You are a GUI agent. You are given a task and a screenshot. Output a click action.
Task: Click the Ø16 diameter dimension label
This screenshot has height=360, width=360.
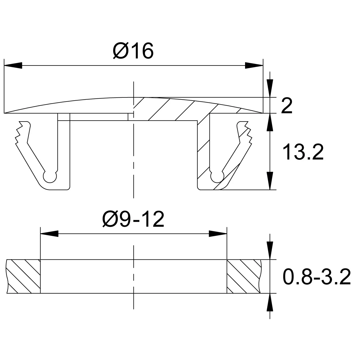(x=133, y=50)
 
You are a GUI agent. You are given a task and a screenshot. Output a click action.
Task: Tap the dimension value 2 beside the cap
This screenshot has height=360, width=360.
(x=287, y=106)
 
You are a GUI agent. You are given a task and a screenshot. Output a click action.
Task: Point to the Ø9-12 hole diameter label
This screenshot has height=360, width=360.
(x=133, y=219)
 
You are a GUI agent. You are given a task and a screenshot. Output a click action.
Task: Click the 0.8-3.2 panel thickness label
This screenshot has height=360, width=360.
(x=317, y=277)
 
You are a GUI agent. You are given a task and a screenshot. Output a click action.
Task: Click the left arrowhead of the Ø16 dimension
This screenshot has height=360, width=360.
(x=13, y=65)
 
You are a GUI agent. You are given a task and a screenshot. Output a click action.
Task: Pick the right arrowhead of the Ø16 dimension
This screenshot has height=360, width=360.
(x=254, y=65)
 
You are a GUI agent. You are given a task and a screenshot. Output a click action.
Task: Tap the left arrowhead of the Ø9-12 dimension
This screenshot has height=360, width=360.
(x=49, y=234)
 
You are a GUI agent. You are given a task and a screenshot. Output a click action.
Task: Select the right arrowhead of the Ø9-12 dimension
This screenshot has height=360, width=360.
(x=218, y=234)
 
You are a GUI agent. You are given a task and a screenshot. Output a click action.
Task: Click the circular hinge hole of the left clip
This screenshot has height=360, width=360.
(x=50, y=176)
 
